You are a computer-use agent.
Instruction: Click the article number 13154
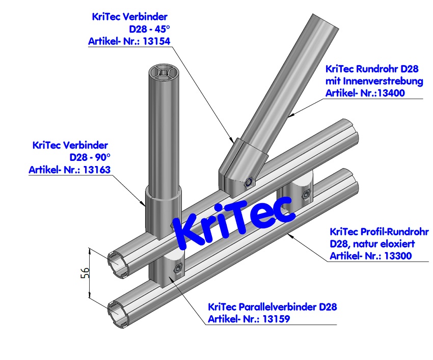tap(157, 42)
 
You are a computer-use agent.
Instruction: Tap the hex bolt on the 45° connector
tap(249, 182)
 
